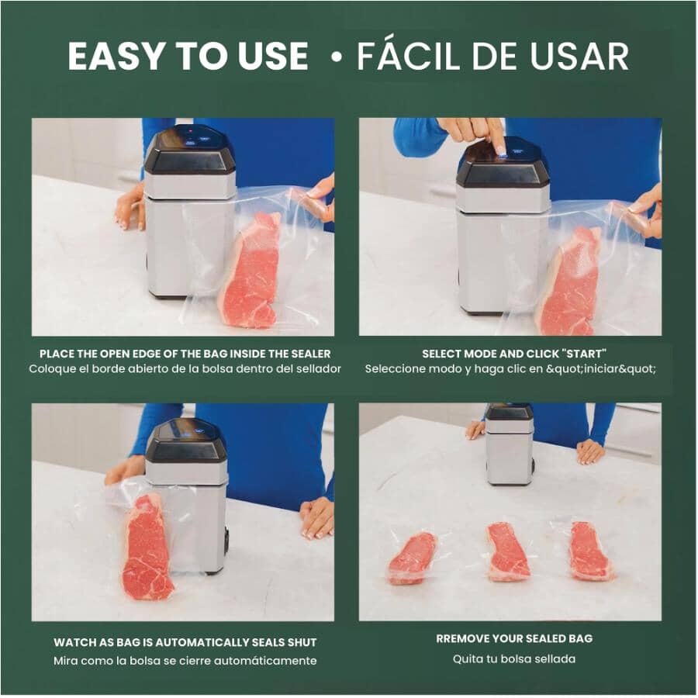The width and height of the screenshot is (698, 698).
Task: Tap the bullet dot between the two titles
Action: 335,57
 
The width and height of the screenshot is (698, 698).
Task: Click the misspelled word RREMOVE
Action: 466,638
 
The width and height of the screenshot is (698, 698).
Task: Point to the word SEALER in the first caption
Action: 310,353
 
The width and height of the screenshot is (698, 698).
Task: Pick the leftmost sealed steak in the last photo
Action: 411,557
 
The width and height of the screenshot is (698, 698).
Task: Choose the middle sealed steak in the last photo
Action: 508,551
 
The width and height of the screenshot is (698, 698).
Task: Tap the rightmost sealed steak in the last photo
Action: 589,551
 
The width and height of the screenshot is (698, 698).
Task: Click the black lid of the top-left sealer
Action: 189,151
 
